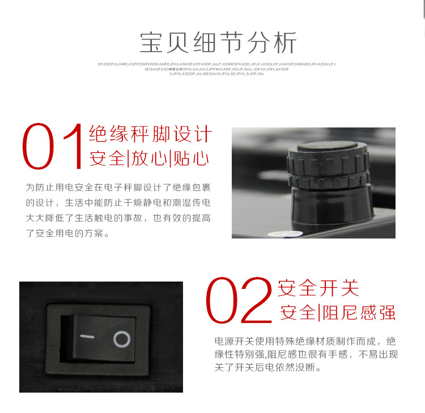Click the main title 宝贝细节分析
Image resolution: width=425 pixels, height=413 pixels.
click(x=218, y=43)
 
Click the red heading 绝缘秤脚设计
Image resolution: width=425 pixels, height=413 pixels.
click(x=151, y=134)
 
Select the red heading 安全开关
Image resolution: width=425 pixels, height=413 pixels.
click(x=318, y=288)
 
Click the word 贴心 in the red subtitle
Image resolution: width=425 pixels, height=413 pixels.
click(x=192, y=159)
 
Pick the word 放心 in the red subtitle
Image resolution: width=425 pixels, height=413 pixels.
click(x=150, y=159)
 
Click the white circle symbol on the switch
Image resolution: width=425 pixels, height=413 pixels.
click(x=121, y=339)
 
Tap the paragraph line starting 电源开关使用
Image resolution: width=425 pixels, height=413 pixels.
click(x=305, y=342)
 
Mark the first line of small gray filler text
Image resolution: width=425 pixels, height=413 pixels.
click(x=216, y=64)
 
